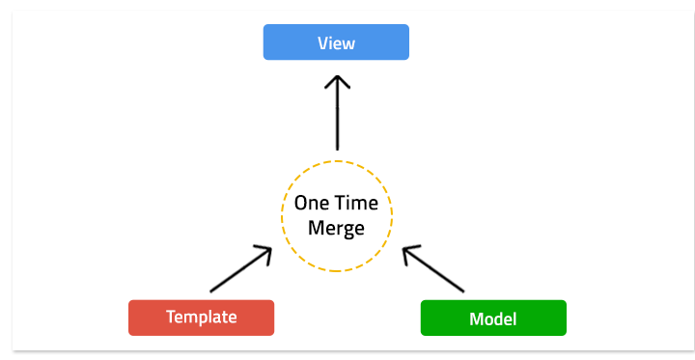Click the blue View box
click(x=336, y=42)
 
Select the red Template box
click(x=201, y=318)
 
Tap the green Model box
click(x=492, y=318)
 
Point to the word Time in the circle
click(x=357, y=204)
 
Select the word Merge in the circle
click(x=336, y=229)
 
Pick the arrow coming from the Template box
click(x=240, y=269)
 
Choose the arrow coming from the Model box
click(x=433, y=269)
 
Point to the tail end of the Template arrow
click(x=211, y=291)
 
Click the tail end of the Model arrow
click(x=463, y=291)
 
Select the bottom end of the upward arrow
click(x=336, y=149)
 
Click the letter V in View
click(x=322, y=43)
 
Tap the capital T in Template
click(x=170, y=318)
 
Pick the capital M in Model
click(x=474, y=318)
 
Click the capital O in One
click(x=300, y=204)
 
